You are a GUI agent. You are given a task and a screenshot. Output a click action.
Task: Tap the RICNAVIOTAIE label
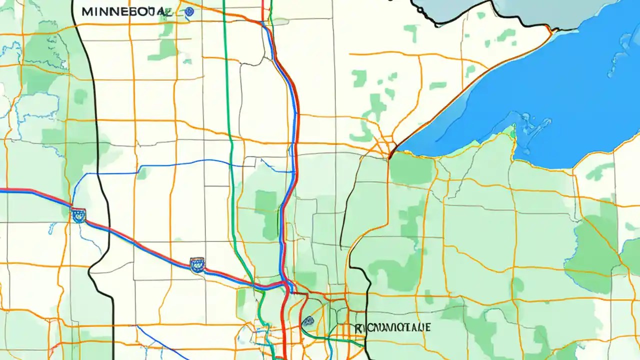click(x=392, y=327)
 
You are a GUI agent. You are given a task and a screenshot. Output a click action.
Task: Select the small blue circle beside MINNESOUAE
click(x=188, y=12)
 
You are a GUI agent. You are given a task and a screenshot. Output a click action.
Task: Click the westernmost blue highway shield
click(x=78, y=215)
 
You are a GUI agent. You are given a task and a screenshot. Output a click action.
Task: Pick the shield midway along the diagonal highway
click(x=197, y=264)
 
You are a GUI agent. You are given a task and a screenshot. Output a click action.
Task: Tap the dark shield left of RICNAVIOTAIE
click(x=308, y=321)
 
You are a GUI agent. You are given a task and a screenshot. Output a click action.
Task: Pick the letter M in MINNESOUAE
click(x=85, y=11)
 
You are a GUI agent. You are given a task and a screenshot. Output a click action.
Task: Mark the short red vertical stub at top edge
click(x=262, y=9)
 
